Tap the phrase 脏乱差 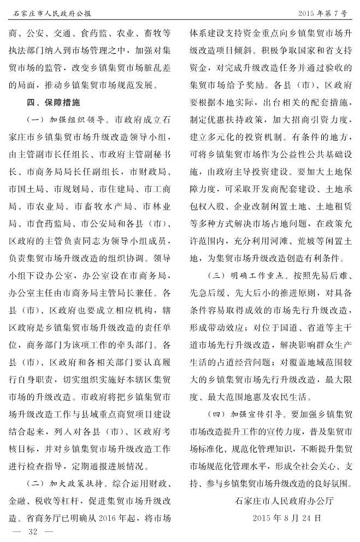(x=158, y=68)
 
